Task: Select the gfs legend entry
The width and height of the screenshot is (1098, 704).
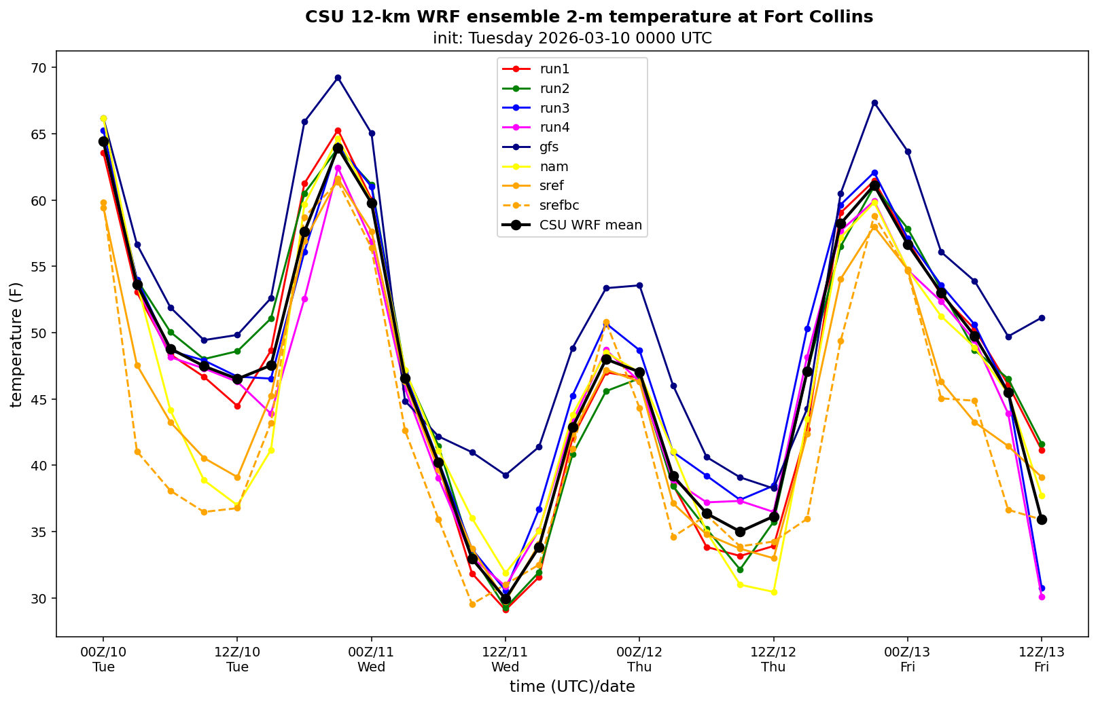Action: [x=549, y=147]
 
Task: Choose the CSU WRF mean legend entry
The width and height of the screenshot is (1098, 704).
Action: [x=590, y=225]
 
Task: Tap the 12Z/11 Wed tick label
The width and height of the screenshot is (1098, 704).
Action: [x=505, y=659]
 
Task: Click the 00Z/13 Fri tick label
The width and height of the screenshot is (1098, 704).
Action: [x=907, y=659]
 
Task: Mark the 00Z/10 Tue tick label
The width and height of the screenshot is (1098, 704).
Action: [x=103, y=659]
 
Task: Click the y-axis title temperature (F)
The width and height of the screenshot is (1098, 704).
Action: [x=16, y=344]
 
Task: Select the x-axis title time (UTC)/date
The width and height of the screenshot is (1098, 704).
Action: [x=572, y=687]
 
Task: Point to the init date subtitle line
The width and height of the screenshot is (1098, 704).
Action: [x=572, y=38]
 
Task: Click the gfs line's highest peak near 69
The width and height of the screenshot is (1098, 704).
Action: [x=338, y=77]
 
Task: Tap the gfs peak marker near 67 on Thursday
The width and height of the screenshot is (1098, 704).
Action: [x=874, y=103]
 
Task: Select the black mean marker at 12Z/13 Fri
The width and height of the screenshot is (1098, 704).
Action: [x=1042, y=519]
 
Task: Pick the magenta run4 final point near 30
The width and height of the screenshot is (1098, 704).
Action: [x=1042, y=597]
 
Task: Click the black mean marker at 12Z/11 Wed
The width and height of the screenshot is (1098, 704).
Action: [x=506, y=599]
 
